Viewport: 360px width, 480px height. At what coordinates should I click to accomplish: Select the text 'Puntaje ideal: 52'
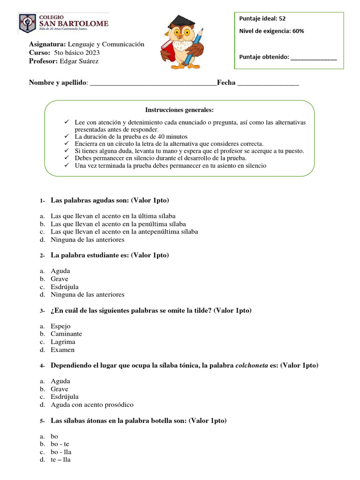262,19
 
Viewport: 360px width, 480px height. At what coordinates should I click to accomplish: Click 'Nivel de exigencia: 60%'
271,31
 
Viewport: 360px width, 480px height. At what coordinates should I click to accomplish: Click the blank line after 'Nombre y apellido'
153,83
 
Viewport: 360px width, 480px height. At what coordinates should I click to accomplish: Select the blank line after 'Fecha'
268,83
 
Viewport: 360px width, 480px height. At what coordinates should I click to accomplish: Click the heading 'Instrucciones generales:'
179,110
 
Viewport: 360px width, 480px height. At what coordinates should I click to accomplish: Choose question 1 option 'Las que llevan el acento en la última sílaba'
113,216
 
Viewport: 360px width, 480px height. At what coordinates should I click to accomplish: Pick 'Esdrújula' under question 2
65,286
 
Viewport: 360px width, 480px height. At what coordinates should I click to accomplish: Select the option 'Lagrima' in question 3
63,342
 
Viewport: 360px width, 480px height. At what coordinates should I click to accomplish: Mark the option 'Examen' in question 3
62,350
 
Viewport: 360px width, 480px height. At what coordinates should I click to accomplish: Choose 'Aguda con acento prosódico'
92,405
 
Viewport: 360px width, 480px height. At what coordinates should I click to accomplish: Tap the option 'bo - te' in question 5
60,444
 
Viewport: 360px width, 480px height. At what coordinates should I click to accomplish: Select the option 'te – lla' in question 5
60,460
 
